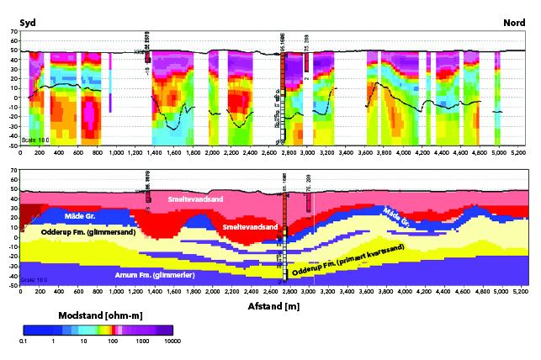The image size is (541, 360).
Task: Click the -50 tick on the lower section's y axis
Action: tap(13, 285)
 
